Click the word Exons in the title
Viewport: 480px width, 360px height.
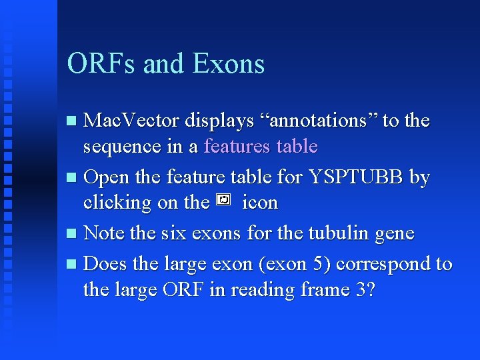point(228,64)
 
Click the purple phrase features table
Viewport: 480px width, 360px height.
point(261,146)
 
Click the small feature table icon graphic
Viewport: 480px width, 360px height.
point(224,200)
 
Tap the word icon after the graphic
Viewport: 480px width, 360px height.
point(260,202)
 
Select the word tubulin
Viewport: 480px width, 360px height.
point(339,233)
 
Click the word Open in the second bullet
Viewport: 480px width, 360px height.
point(107,177)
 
